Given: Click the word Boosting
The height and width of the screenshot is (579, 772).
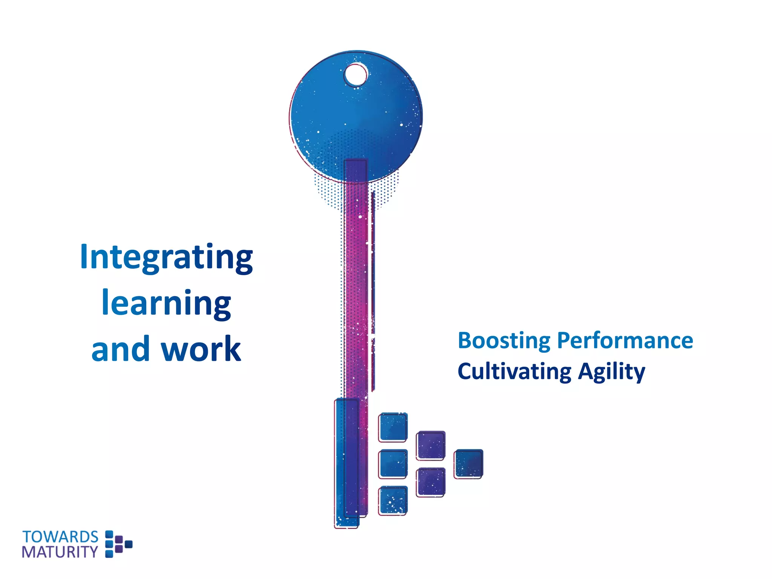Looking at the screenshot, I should [x=504, y=341].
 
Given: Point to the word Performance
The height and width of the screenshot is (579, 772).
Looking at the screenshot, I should [x=625, y=340].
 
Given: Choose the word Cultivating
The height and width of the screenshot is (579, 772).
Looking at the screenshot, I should [x=515, y=372].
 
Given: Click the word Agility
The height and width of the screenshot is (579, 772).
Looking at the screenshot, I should [x=611, y=372].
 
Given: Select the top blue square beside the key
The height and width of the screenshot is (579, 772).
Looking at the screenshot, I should [x=393, y=427].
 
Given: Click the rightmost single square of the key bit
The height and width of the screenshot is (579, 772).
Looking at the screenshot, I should [x=468, y=464].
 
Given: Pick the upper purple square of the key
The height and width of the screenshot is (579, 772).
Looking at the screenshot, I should [x=430, y=445].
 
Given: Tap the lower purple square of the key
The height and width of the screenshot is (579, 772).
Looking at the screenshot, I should [x=430, y=482].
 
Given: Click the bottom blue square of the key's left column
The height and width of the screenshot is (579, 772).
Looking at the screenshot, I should [x=393, y=500].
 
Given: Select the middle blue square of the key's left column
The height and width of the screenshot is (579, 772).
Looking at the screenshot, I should [x=393, y=464].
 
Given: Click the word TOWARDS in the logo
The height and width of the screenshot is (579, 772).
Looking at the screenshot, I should [x=60, y=537].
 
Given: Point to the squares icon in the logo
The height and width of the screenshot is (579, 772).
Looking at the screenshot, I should [x=118, y=544].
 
